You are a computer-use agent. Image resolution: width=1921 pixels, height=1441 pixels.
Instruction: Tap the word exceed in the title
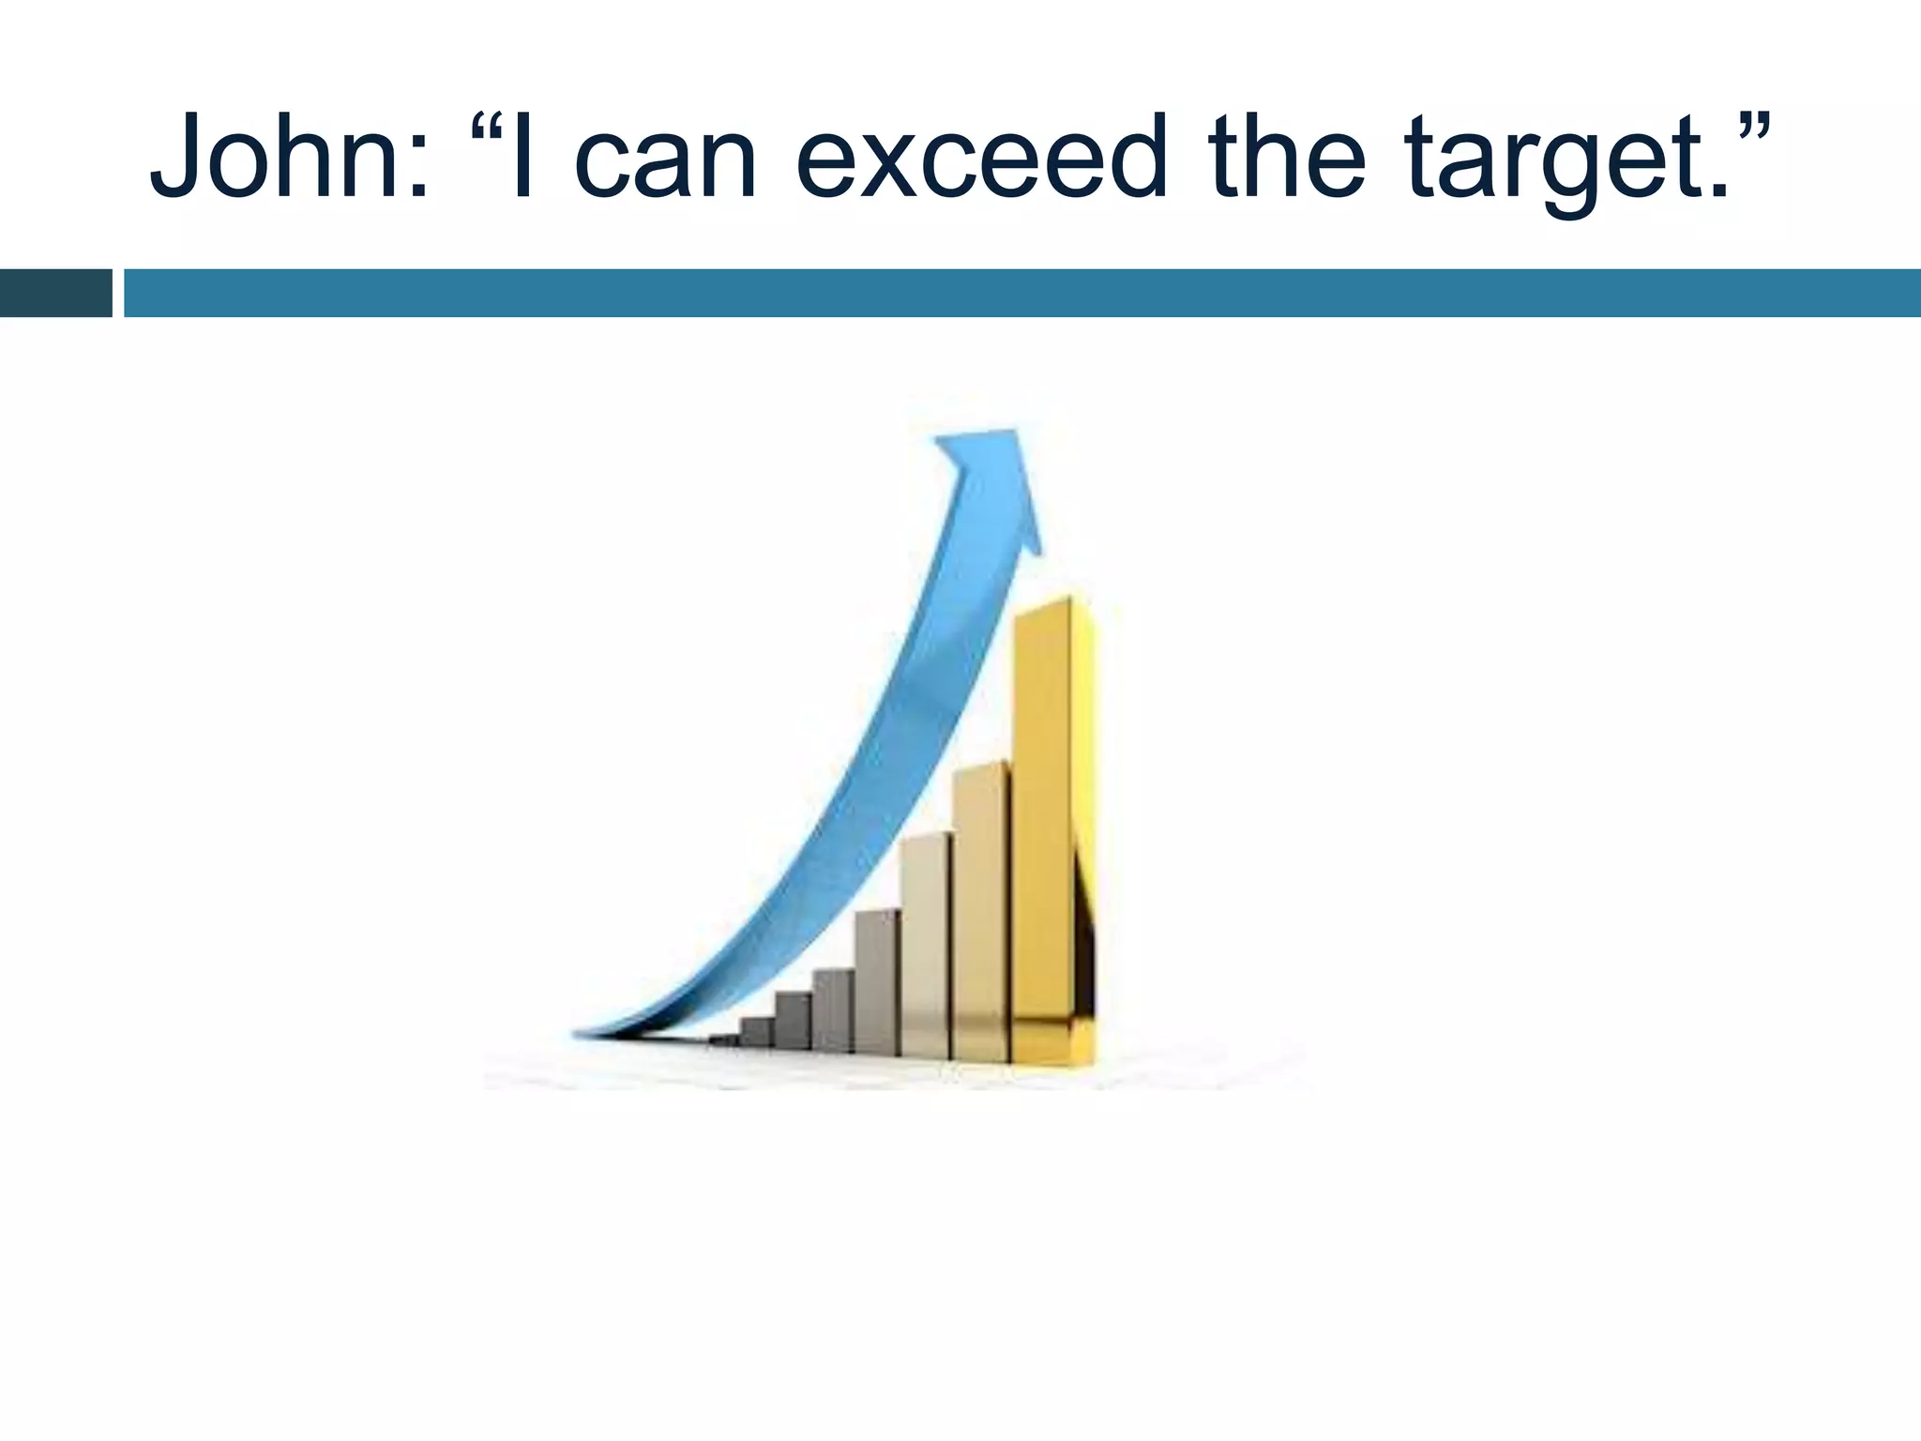click(981, 157)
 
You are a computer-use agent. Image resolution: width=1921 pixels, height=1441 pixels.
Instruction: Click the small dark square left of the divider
click(55, 293)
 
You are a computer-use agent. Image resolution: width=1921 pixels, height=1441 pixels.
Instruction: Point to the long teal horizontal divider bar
click(1022, 293)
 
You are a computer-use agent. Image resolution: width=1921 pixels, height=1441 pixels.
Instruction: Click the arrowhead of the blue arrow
click(994, 478)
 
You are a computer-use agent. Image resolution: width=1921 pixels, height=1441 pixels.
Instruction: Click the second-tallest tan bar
click(980, 910)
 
